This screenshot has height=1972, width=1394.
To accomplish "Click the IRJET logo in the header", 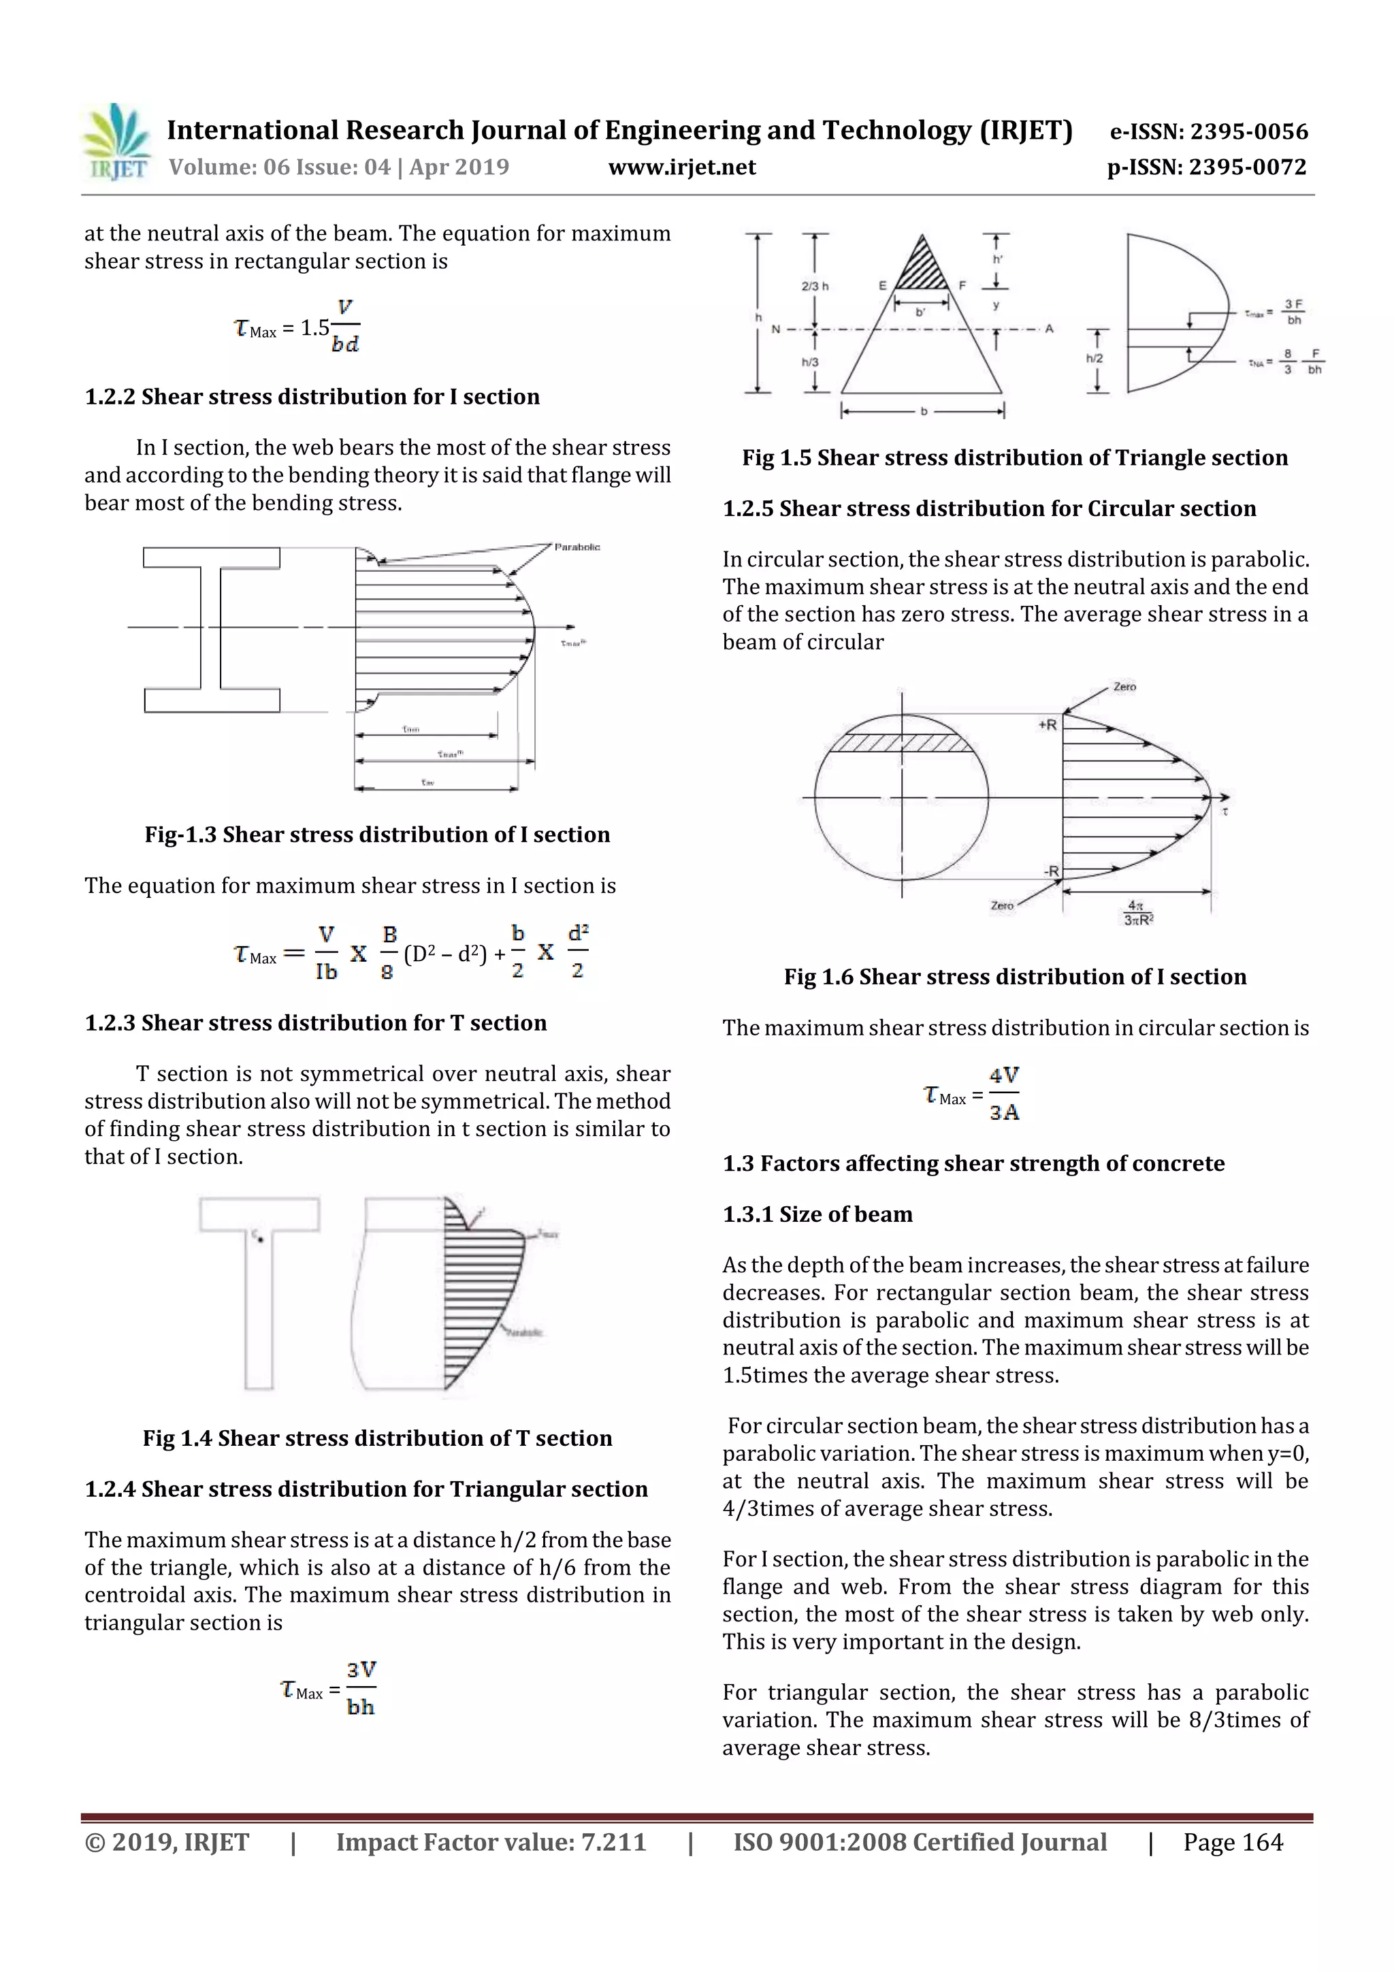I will [116, 142].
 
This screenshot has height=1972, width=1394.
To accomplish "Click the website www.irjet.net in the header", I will [682, 167].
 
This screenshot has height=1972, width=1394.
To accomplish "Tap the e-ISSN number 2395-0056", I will [1248, 131].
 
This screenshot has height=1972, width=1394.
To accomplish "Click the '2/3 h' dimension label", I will [814, 286].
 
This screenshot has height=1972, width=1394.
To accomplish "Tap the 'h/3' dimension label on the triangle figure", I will [810, 362].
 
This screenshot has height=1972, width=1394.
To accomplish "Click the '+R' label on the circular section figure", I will [1047, 725].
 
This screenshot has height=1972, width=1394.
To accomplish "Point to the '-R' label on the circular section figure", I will [1052, 871].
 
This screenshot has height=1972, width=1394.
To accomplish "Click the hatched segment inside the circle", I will [902, 743].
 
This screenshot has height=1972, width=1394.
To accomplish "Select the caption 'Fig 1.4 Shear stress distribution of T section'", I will [377, 1438].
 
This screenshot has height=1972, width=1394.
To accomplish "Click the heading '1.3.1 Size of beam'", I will [817, 1214].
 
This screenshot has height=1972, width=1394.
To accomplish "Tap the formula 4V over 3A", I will [1003, 1093].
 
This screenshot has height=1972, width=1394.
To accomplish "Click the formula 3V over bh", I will [361, 1687].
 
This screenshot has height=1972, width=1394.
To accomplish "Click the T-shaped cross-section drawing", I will [259, 1289].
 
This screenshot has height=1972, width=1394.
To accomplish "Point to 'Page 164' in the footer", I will [1233, 1842].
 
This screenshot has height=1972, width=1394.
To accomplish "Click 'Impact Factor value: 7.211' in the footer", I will [491, 1842].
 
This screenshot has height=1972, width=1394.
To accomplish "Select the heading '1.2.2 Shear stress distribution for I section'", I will [312, 397].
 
